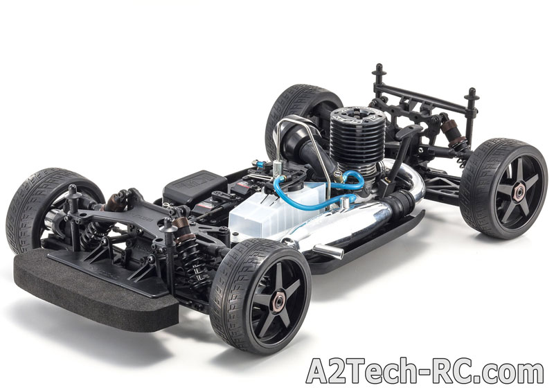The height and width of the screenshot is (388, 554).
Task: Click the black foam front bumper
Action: [96, 290]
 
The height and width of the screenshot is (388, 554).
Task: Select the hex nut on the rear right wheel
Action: [519, 192]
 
